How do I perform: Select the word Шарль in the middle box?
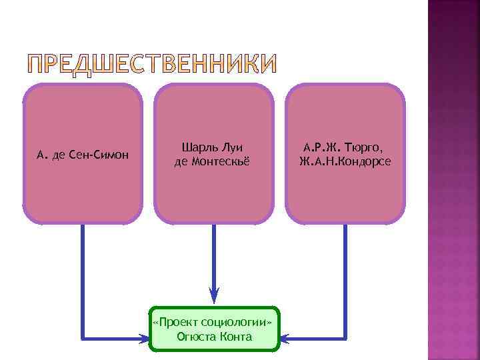(x=198, y=147)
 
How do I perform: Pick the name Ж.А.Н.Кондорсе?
(x=345, y=161)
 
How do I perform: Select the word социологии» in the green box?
(x=237, y=322)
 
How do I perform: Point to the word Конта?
(x=237, y=337)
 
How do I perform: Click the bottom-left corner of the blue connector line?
(x=82, y=338)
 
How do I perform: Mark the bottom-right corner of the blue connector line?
(x=345, y=338)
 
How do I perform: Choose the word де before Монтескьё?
(x=181, y=162)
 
